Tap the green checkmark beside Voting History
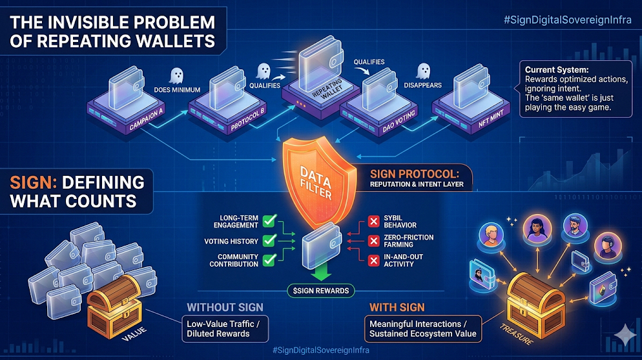pyautogui.click(x=269, y=240)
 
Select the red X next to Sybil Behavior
pyautogui.click(x=373, y=222)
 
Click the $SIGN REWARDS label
pyautogui.click(x=319, y=291)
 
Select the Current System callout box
pyautogui.click(x=567, y=89)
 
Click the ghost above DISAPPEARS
pyautogui.click(x=423, y=70)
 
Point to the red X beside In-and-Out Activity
pyautogui.click(x=373, y=260)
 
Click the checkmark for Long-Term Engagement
pyautogui.click(x=269, y=221)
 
